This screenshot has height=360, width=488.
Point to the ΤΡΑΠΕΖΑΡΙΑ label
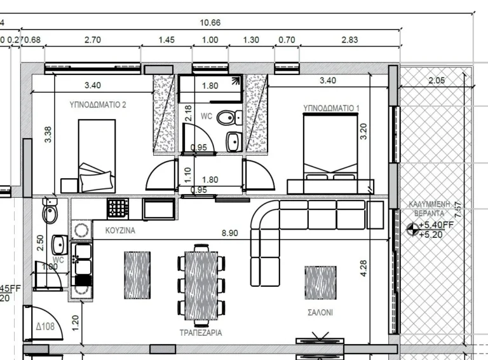[x=201, y=333]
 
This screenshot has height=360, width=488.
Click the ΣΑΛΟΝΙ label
[x=320, y=313]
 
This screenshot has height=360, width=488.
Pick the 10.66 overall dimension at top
[x=210, y=23]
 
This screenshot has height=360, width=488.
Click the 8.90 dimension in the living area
[x=230, y=233]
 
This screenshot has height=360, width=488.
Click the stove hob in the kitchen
[x=118, y=208]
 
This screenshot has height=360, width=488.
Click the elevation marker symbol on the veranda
[x=411, y=230]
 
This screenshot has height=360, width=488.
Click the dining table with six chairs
[x=201, y=284]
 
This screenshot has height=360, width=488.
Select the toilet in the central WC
[x=226, y=118]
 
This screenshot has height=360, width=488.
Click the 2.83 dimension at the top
[x=349, y=40]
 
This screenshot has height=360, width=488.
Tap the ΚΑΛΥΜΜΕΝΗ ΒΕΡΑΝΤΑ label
[x=431, y=209]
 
